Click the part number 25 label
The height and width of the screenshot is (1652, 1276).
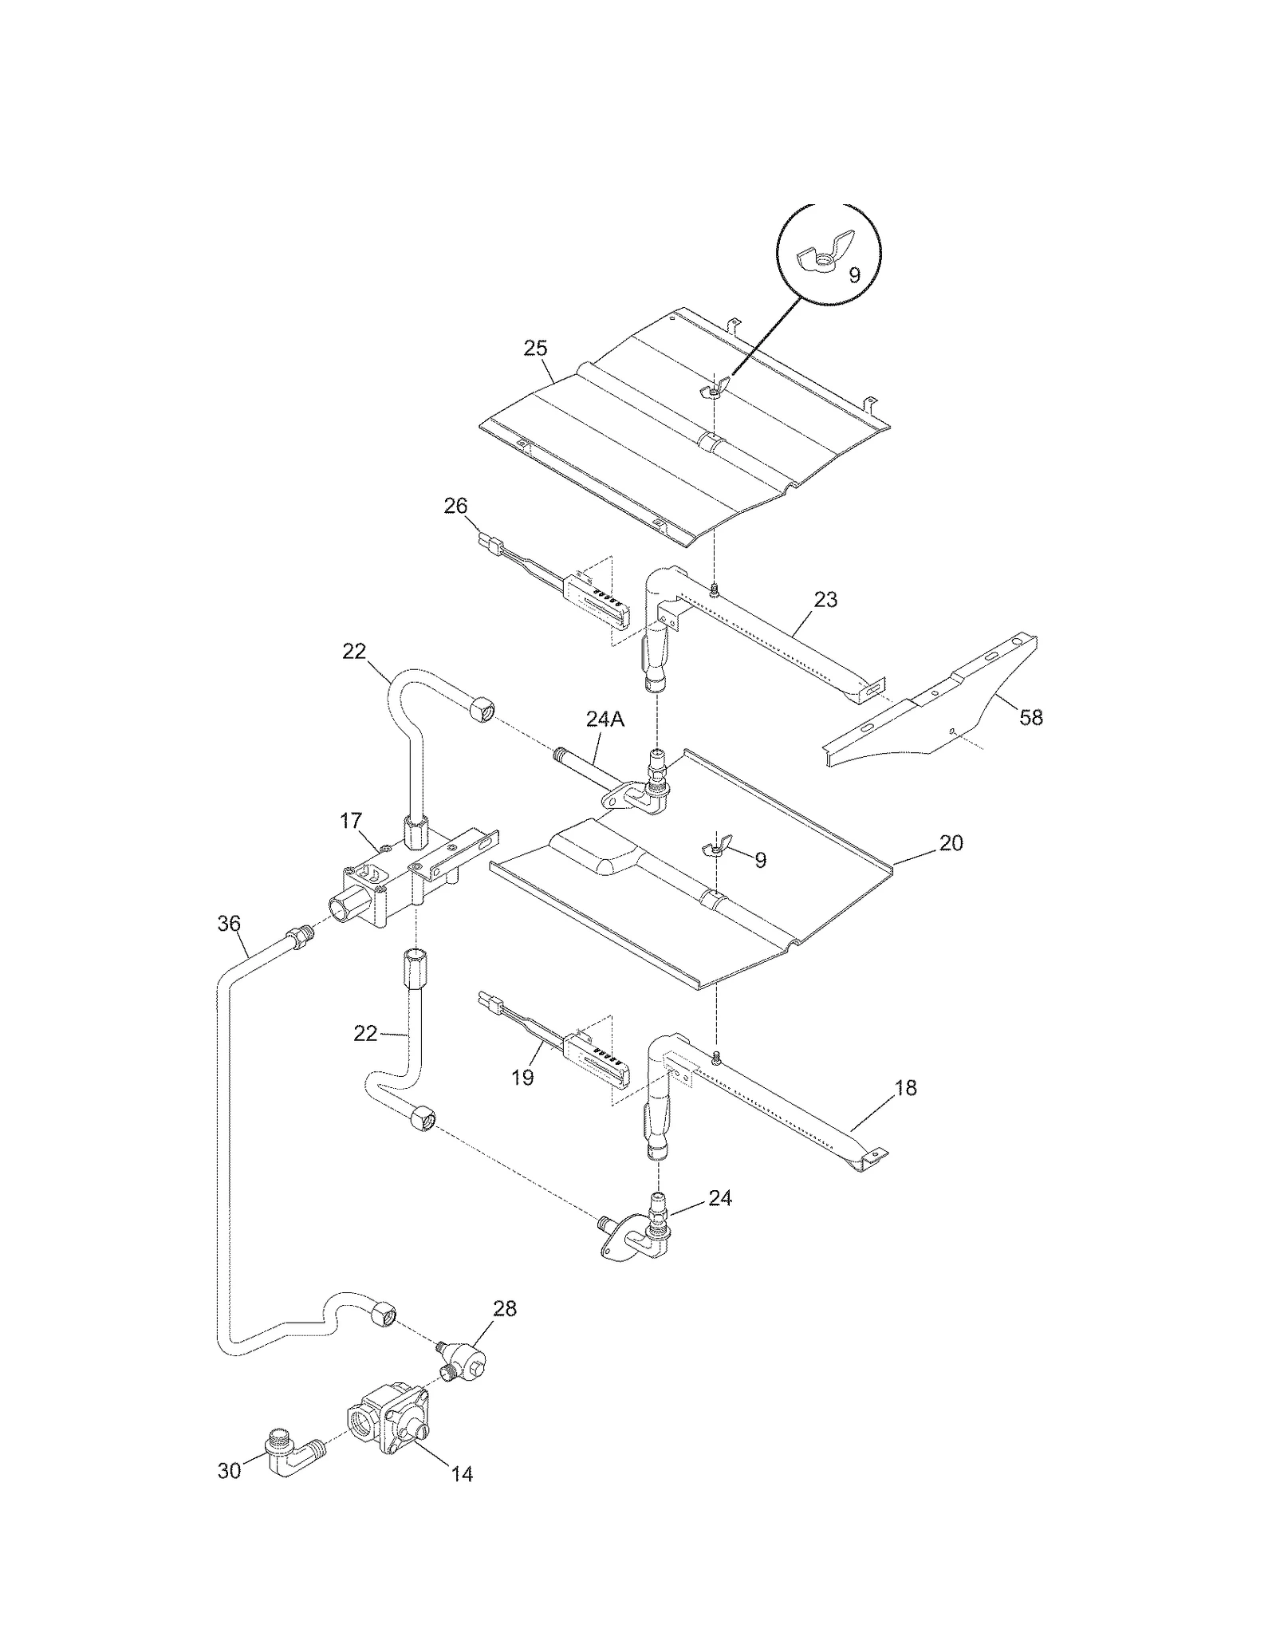(x=535, y=348)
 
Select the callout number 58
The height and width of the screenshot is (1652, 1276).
(x=1031, y=717)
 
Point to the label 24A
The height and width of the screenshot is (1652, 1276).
(x=605, y=720)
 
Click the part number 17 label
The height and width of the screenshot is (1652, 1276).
(x=351, y=820)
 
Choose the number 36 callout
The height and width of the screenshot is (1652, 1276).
(x=229, y=924)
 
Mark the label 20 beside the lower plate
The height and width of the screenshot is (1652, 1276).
(x=951, y=842)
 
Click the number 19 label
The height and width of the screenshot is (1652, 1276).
(x=522, y=1078)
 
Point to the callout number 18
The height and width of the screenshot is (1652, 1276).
(x=906, y=1087)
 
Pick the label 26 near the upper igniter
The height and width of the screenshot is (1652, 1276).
(x=455, y=506)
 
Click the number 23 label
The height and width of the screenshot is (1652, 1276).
(x=825, y=599)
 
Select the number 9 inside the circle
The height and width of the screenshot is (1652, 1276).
(x=854, y=275)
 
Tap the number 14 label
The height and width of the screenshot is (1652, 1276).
(x=462, y=1474)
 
